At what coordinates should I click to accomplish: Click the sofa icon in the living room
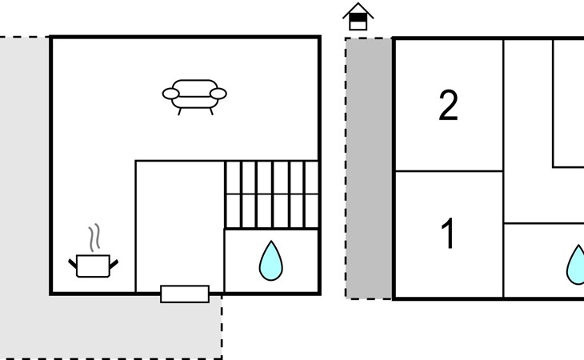tap(194, 94)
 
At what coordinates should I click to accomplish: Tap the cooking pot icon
tap(93, 266)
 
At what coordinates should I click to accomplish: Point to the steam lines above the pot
tap(95, 237)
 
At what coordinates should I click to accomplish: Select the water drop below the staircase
tap(271, 262)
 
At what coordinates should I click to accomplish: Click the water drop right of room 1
tap(577, 265)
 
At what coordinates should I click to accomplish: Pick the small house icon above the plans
tap(358, 16)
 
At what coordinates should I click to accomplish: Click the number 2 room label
tap(449, 106)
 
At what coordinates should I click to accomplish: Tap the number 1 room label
tap(449, 234)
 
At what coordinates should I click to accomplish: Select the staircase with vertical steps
tap(271, 194)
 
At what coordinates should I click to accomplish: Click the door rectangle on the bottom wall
tap(185, 294)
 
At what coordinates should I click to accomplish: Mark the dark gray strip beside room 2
tap(369, 168)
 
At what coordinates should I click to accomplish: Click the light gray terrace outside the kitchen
tap(24, 200)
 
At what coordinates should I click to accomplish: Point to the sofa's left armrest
tap(170, 94)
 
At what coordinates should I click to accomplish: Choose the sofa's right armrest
tap(218, 94)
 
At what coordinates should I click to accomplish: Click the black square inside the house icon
tap(358, 16)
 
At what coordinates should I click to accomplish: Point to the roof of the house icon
tap(358, 8)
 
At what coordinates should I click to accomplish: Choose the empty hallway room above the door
tap(179, 224)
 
